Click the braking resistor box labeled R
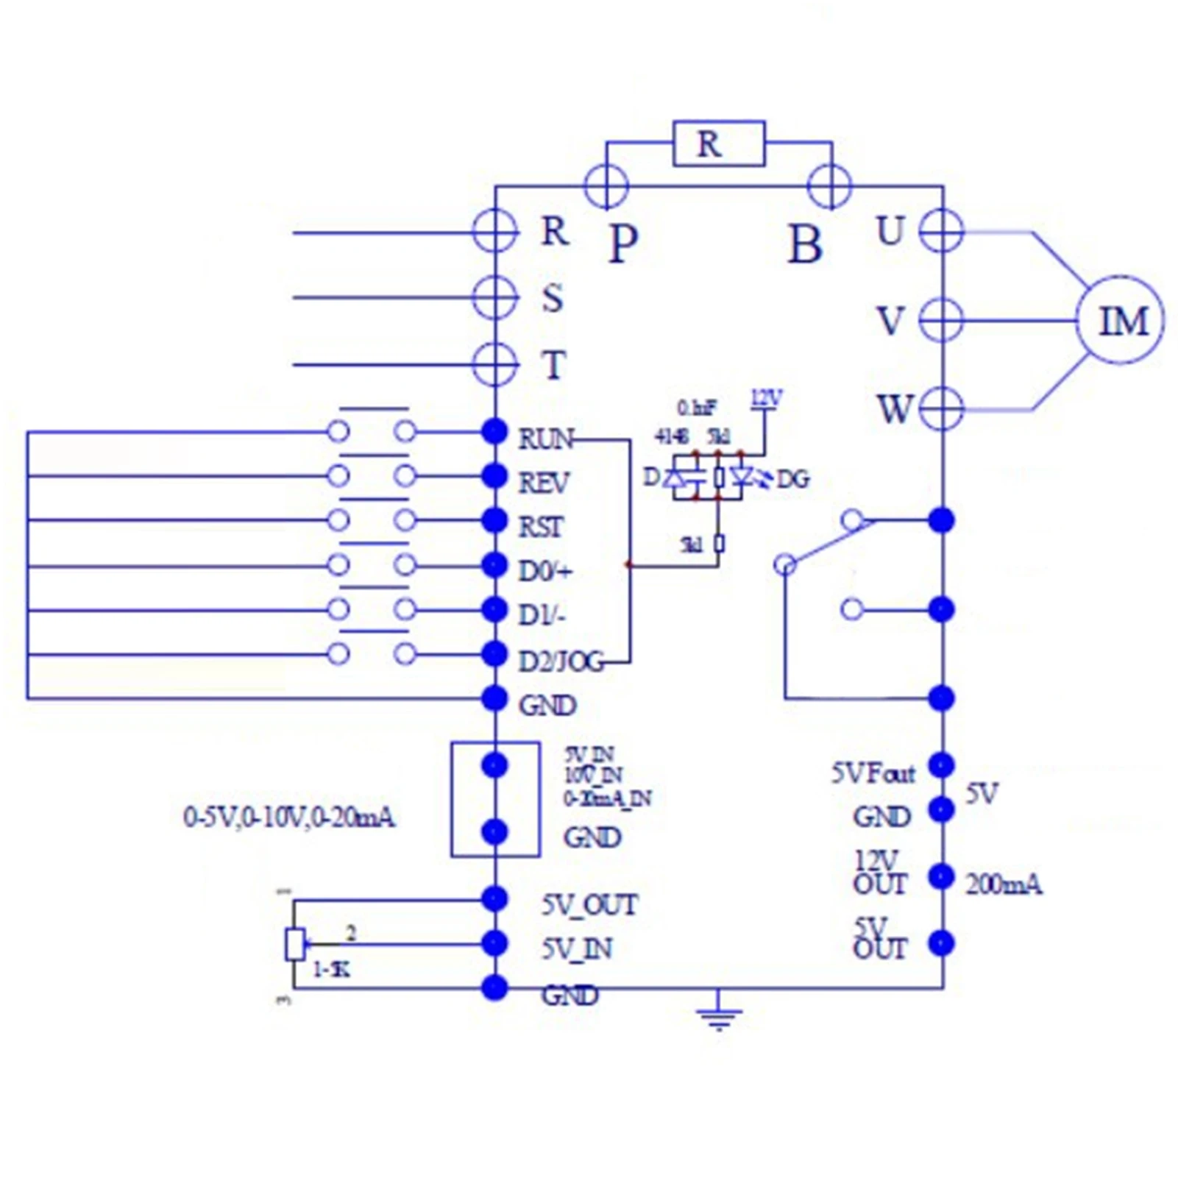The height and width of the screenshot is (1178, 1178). (x=718, y=143)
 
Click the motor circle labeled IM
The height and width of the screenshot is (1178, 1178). (x=1120, y=320)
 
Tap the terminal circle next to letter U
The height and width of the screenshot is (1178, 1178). (x=941, y=231)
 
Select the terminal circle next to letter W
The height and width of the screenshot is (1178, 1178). (x=941, y=408)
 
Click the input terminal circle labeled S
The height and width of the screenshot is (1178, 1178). (x=495, y=298)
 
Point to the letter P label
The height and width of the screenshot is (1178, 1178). (x=623, y=244)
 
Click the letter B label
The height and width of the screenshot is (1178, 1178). (x=805, y=244)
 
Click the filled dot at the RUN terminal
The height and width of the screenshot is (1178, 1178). (x=494, y=431)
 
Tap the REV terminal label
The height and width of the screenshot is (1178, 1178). (x=543, y=483)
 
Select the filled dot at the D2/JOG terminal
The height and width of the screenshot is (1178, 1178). (x=494, y=653)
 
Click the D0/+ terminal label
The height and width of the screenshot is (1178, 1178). (x=544, y=571)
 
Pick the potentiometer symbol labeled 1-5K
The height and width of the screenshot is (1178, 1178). (x=295, y=944)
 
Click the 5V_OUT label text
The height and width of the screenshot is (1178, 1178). (x=589, y=905)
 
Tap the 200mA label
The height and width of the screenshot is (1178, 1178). (x=1003, y=884)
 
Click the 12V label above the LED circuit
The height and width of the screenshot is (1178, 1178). (x=765, y=399)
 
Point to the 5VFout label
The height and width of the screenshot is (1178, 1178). (x=873, y=773)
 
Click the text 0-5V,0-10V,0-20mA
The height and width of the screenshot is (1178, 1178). (x=288, y=817)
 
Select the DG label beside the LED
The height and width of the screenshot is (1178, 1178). (x=793, y=480)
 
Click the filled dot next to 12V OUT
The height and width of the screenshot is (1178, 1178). (x=941, y=876)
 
